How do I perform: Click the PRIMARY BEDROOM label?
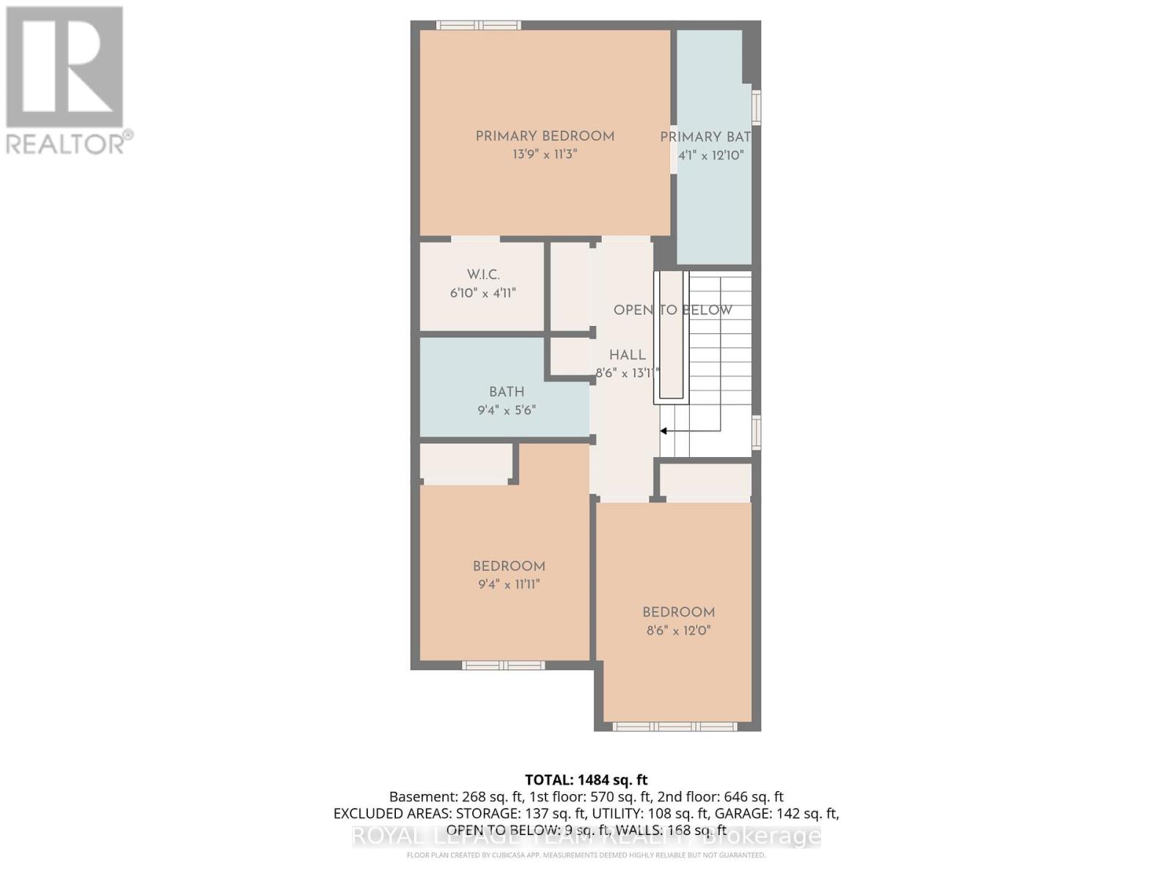[545, 136]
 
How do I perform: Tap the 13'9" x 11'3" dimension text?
[545, 155]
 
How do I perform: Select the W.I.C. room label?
[483, 275]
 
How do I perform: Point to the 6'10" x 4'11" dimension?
[483, 293]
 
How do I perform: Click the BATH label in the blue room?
[507, 392]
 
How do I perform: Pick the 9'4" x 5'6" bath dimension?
[507, 410]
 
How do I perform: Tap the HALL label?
[628, 355]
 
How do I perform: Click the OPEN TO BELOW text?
[672, 310]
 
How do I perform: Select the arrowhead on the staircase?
[663, 431]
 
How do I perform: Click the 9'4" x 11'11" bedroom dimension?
[509, 585]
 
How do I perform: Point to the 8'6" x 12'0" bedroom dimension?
[678, 631]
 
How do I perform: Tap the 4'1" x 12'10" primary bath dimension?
[710, 155]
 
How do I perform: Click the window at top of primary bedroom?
[479, 25]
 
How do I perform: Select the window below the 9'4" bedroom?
[503, 665]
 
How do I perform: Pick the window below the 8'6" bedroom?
[674, 727]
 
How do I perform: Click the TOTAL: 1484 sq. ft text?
[586, 780]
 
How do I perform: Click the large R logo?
[65, 67]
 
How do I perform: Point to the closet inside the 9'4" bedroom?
[466, 463]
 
